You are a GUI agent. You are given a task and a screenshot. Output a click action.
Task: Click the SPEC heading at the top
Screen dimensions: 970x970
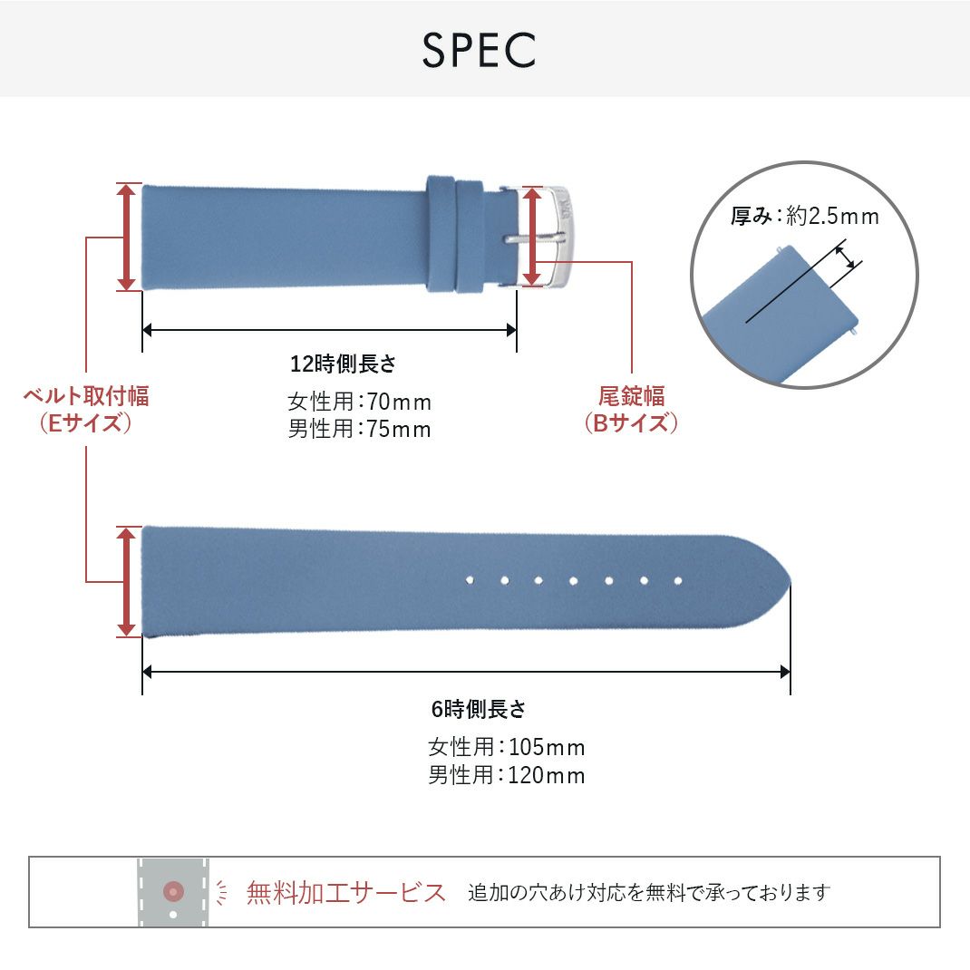point(479,51)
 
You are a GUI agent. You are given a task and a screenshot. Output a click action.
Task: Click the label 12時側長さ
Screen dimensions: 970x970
point(344,364)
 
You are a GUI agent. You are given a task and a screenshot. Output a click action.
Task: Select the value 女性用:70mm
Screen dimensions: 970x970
point(359,401)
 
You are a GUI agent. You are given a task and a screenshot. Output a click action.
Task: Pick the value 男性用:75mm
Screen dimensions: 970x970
point(359,429)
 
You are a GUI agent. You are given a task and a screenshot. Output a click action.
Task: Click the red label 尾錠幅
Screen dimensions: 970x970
point(631,396)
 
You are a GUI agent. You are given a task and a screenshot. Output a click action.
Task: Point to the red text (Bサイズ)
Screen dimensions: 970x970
point(631,423)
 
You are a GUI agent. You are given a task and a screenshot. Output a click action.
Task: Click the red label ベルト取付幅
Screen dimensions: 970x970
point(85,396)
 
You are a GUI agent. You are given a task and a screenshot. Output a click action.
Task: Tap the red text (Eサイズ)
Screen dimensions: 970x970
point(85,423)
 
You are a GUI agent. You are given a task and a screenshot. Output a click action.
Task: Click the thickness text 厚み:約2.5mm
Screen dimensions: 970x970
point(805,217)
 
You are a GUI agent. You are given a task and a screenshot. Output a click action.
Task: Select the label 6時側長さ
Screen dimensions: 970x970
point(479,709)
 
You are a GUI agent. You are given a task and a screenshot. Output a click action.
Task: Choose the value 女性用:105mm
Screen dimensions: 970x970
point(506,748)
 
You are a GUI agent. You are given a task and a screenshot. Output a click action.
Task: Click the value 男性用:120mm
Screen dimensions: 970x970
point(506,776)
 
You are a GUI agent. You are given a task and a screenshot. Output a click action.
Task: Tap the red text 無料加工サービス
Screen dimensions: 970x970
point(346,893)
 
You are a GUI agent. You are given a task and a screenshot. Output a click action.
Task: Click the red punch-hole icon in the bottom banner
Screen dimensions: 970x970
point(173,892)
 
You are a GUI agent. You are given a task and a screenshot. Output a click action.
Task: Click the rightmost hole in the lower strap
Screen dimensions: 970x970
point(678,580)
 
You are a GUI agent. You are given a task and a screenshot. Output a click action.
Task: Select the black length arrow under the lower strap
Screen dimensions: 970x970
point(466,672)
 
